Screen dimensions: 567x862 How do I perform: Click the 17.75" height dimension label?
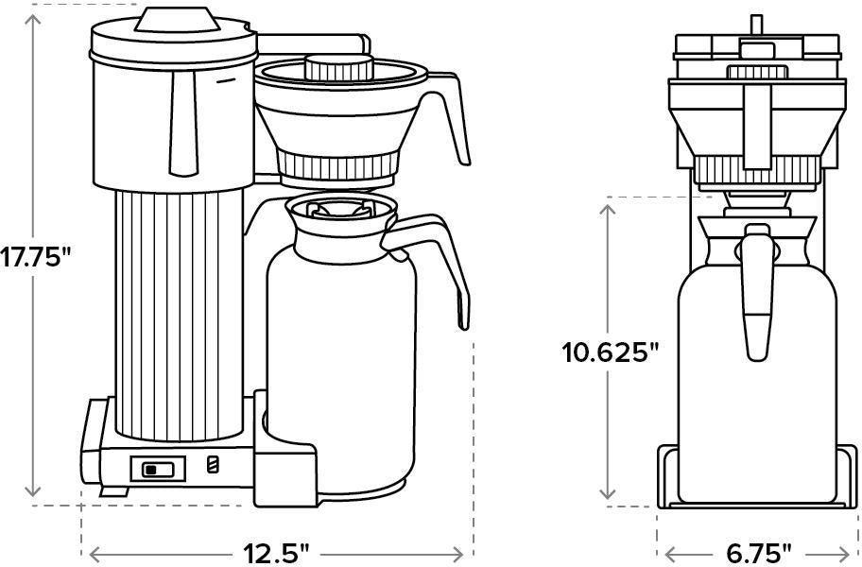[x=36, y=257]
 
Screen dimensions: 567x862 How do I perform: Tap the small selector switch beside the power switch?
[x=213, y=465]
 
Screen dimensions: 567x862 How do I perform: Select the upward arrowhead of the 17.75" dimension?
[x=34, y=13]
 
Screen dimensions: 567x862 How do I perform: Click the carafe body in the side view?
[x=340, y=378]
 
